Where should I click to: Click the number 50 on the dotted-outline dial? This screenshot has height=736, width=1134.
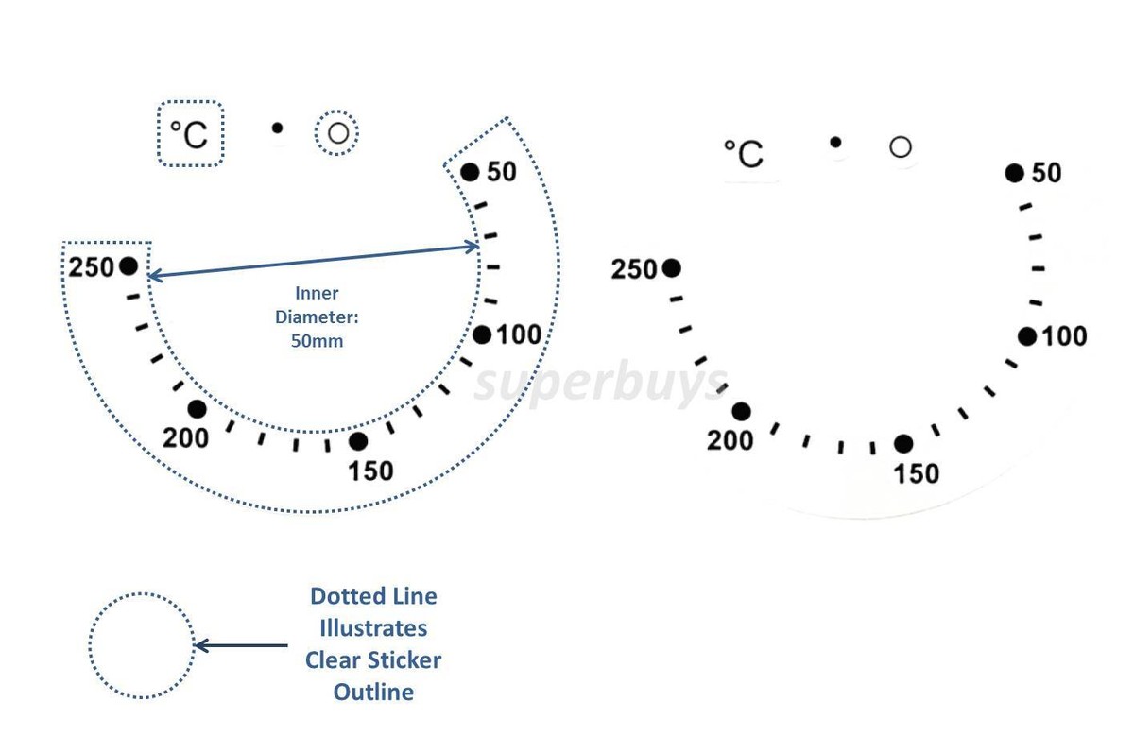(x=501, y=172)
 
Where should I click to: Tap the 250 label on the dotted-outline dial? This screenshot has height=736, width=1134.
(x=91, y=267)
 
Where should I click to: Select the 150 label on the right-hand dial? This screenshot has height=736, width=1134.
(x=917, y=473)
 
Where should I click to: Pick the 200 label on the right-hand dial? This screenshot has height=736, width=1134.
(x=730, y=440)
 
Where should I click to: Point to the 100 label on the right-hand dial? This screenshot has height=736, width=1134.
(x=1064, y=336)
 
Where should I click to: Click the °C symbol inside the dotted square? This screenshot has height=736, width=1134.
(x=189, y=135)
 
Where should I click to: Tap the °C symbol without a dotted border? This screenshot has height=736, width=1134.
(x=744, y=153)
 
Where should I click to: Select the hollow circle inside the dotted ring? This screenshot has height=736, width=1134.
(x=338, y=133)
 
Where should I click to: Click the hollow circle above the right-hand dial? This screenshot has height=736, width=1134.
(x=900, y=147)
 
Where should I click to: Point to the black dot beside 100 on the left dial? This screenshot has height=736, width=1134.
(x=482, y=334)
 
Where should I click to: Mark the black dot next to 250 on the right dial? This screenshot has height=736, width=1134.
(x=671, y=268)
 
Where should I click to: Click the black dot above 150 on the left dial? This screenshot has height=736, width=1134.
(x=358, y=441)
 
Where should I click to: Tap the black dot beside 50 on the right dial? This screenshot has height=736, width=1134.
(x=1015, y=173)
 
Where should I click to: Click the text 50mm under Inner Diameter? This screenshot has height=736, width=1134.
(x=317, y=341)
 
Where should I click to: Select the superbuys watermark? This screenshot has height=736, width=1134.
(x=601, y=384)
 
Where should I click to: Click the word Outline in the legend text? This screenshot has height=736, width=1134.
(x=373, y=692)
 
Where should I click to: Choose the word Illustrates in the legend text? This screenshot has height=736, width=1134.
(x=373, y=628)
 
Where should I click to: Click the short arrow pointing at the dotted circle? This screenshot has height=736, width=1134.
(x=241, y=645)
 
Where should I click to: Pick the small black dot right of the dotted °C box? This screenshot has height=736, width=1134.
(x=277, y=128)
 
